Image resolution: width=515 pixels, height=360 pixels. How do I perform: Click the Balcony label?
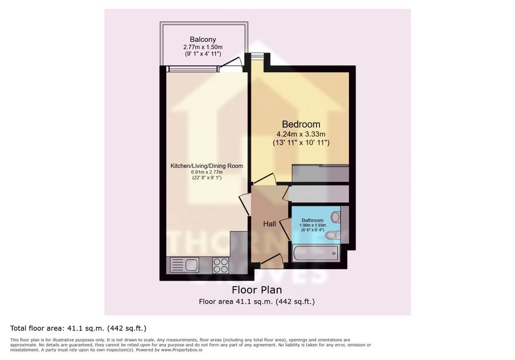point(203,39)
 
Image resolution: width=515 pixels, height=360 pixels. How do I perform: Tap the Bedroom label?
point(301,124)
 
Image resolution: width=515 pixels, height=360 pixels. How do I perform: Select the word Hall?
point(270,224)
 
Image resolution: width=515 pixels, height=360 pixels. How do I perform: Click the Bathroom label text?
point(312,220)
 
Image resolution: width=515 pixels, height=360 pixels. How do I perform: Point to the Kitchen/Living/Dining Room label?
point(207,166)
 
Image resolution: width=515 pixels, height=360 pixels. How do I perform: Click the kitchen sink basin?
point(192,265)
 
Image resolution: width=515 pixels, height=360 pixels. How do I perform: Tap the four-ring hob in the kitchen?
point(220,265)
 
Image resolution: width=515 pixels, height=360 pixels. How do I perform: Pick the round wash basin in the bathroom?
point(335,217)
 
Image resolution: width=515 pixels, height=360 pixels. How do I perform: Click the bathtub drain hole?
point(334,253)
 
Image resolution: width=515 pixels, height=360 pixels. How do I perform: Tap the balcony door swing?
point(231,63)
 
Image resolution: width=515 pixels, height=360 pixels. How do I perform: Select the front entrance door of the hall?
point(272,258)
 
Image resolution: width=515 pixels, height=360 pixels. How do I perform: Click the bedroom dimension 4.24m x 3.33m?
point(301,134)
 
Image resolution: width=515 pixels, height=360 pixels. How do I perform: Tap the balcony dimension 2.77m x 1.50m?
point(203,47)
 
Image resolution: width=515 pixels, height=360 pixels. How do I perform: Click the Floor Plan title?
point(257,290)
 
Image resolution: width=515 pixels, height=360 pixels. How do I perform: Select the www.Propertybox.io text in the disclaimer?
point(182,350)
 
